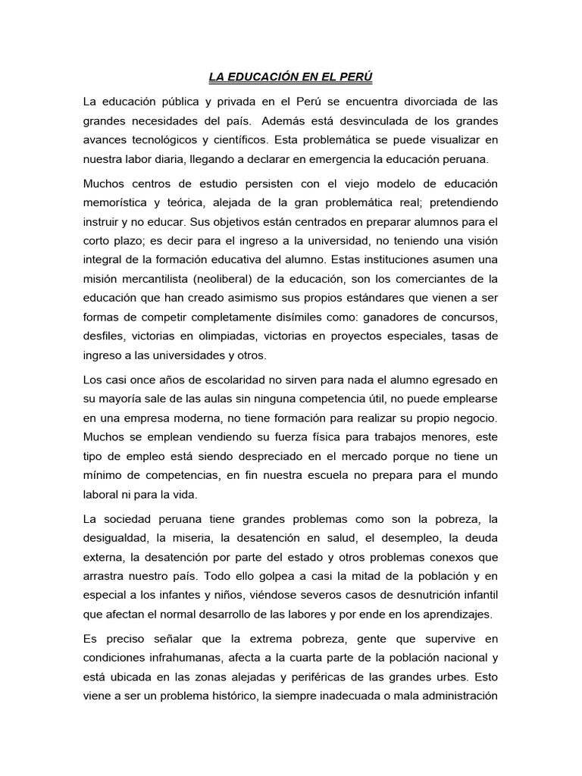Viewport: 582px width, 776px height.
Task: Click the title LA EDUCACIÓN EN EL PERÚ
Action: tap(291, 78)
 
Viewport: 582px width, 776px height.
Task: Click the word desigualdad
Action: tap(116, 540)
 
